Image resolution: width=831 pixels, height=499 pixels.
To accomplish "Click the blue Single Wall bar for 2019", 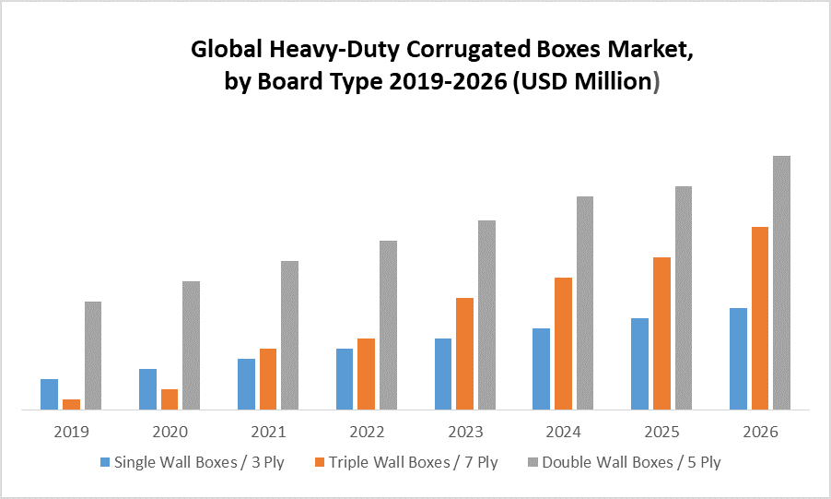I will coord(49,394).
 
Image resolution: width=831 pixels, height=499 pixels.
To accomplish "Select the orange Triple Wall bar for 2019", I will coord(71,403).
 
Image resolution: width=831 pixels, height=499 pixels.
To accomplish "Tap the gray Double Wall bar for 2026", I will coord(781,281).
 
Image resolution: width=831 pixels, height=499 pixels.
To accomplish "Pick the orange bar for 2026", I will coord(760,317).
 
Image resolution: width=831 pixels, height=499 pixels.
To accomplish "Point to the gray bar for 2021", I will coord(289,334).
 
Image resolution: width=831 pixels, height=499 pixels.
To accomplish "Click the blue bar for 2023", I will coord(443,373).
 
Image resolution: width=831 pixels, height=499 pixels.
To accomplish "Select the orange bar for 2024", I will coord(563,342).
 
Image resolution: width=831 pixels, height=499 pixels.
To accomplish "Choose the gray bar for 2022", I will coord(388,324).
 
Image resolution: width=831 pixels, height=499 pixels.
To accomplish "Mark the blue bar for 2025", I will coord(639,362).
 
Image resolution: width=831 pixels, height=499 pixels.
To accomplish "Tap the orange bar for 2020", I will coord(170,398).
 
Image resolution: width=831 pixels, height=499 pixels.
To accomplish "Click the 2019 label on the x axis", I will coord(71,432).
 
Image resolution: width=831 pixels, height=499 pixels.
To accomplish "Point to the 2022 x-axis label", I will coord(367,432).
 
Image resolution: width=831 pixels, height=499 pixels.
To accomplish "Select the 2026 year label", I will coord(760,432).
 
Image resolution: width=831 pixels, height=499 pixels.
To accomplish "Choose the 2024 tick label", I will coord(563,432).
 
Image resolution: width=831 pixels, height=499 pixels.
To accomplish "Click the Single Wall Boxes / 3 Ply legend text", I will coord(198,462).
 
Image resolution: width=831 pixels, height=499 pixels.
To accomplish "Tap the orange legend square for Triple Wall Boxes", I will coord(320,462).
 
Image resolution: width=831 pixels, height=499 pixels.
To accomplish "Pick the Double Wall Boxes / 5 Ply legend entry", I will coord(631,462).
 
